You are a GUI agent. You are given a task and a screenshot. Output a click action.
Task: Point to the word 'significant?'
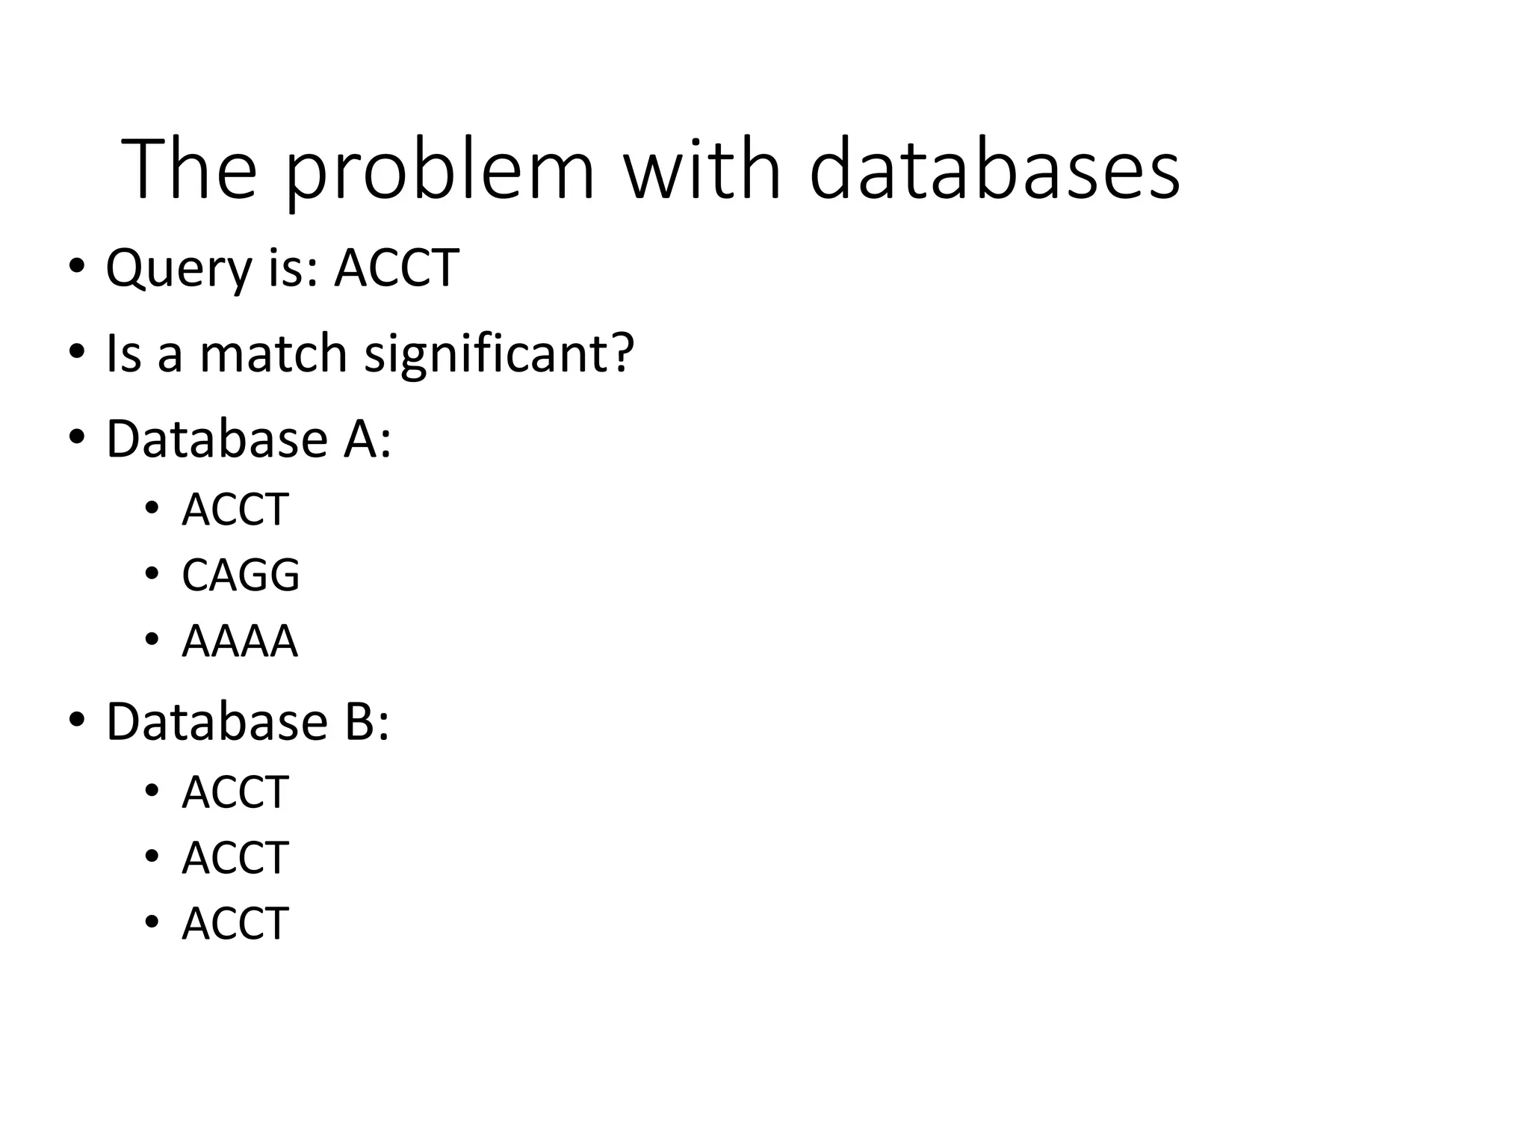[499, 354]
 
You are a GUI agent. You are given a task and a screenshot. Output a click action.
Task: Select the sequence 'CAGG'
[241, 575]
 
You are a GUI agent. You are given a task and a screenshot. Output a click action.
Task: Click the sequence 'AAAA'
[240, 641]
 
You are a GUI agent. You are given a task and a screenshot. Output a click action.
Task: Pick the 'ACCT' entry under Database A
[235, 510]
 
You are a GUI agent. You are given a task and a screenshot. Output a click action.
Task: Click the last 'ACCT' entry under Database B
[235, 923]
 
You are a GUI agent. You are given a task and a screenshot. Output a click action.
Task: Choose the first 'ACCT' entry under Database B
[235, 792]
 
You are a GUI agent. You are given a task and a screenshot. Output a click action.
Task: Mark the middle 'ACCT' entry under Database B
[235, 857]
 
